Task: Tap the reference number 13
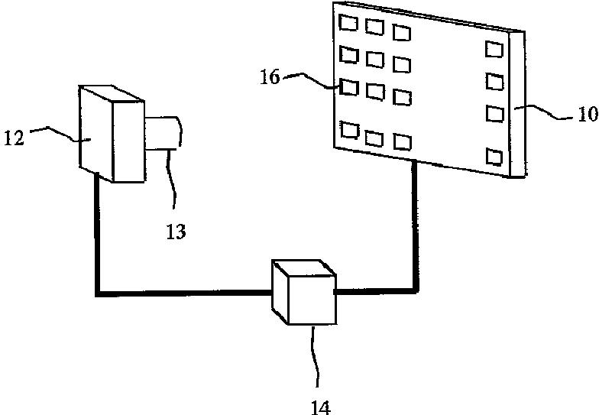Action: pos(176,232)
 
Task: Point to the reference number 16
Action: pos(272,77)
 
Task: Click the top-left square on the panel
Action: pos(349,24)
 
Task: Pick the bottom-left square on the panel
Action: pos(350,132)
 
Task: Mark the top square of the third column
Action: pos(401,32)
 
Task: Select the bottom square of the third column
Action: pos(401,141)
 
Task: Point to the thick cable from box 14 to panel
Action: pos(415,229)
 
